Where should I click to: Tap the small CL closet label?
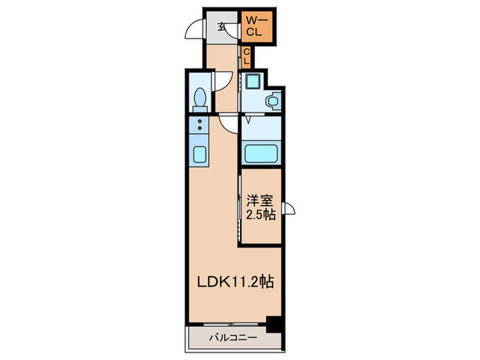click(x=246, y=57)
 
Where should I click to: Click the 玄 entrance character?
click(x=221, y=27)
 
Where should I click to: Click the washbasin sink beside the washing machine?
click(x=273, y=100)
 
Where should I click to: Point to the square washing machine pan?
click(x=253, y=81)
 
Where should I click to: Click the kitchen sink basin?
click(x=200, y=154)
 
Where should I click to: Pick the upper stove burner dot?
click(x=200, y=121)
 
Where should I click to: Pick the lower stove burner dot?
click(x=200, y=128)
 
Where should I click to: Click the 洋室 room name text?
click(x=260, y=201)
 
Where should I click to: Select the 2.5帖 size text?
click(x=261, y=215)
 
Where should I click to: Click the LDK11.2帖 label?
click(x=235, y=281)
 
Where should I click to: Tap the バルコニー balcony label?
click(x=233, y=338)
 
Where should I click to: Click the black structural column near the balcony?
click(x=274, y=324)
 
